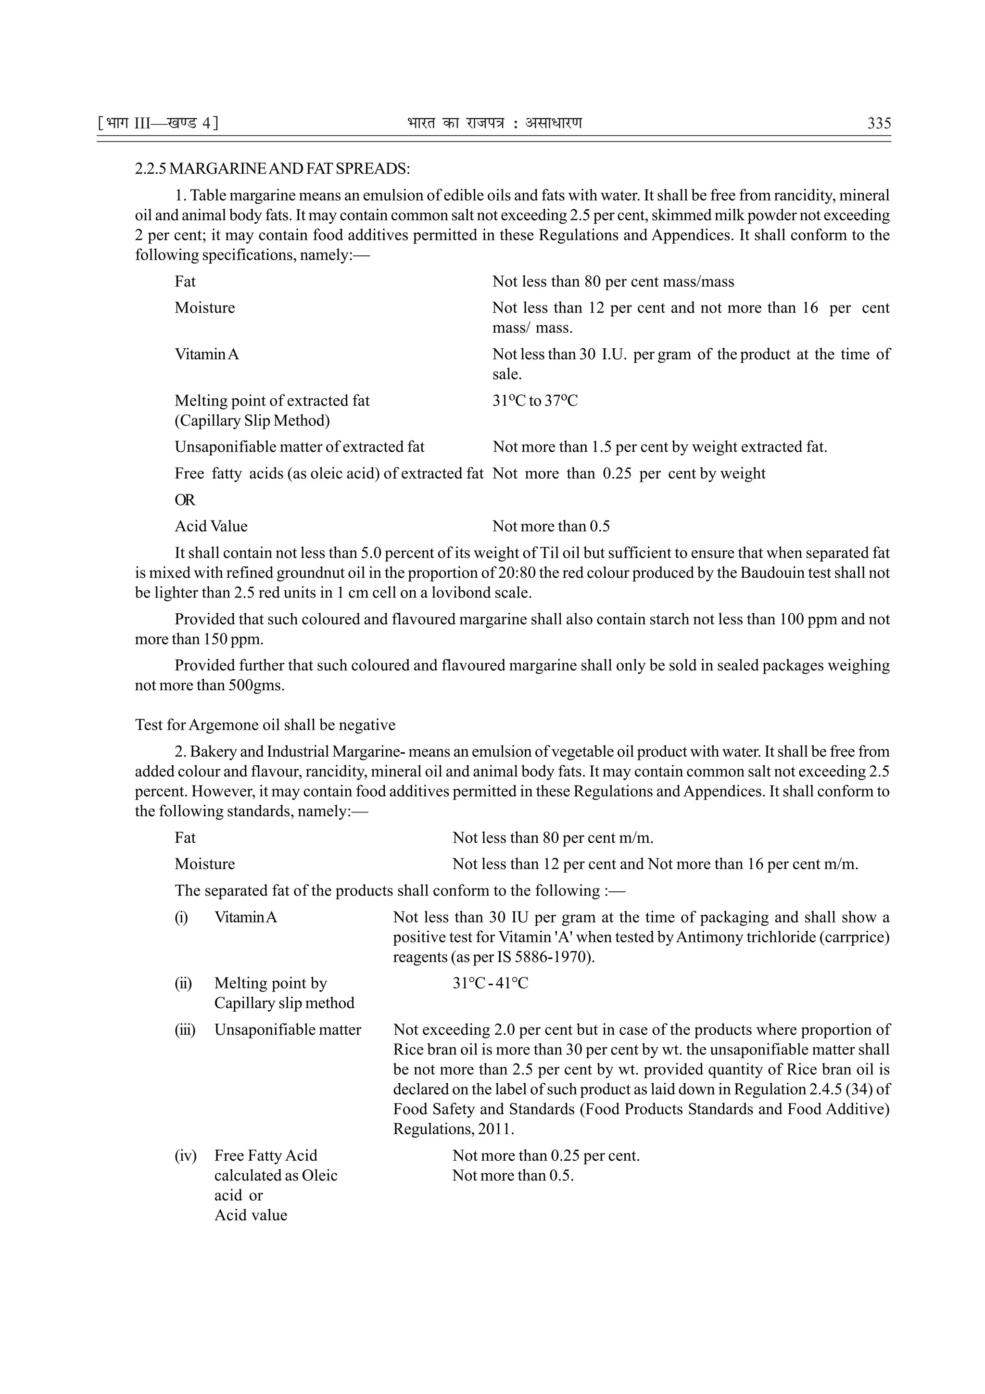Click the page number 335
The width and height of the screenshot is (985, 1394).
pyautogui.click(x=879, y=124)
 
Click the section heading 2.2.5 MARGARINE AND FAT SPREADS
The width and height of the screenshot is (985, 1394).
pyautogui.click(x=272, y=169)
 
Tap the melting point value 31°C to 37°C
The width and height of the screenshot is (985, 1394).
pyautogui.click(x=535, y=401)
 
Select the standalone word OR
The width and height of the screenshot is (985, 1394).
pyautogui.click(x=185, y=500)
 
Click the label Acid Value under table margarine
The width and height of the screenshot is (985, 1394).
pyautogui.click(x=211, y=526)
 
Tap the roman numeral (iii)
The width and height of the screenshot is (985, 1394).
pyautogui.click(x=185, y=1030)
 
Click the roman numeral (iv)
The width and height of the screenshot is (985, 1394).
pyautogui.click(x=186, y=1155)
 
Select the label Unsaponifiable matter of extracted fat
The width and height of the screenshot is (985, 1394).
pyautogui.click(x=299, y=447)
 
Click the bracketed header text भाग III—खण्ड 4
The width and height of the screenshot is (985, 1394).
pyautogui.click(x=157, y=124)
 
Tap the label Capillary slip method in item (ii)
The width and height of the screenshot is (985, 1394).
pyautogui.click(x=284, y=1003)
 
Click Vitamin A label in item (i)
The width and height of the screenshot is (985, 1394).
pyautogui.click(x=245, y=917)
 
